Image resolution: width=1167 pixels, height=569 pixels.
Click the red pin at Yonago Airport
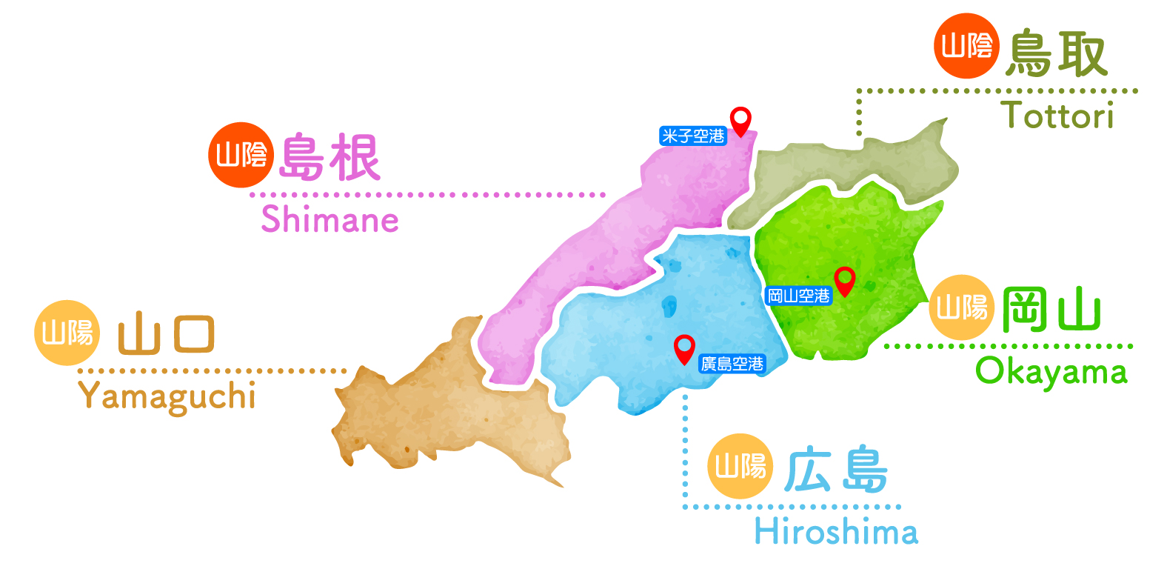click(x=740, y=120)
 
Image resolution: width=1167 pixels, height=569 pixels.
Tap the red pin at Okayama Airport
click(x=844, y=280)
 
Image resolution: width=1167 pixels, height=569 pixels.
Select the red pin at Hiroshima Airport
click(x=684, y=347)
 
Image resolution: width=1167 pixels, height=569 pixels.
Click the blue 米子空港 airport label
click(x=693, y=136)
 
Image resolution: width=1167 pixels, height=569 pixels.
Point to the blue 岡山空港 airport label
click(x=798, y=296)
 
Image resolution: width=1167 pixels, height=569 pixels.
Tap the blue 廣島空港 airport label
click(x=732, y=364)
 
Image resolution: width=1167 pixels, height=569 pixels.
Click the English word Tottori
click(x=1057, y=116)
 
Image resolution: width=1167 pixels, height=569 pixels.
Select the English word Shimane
click(x=330, y=220)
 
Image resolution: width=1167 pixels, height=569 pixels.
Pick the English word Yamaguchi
click(x=167, y=396)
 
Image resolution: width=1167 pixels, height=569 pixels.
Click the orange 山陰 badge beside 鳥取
click(x=966, y=46)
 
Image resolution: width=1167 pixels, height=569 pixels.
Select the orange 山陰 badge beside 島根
click(x=241, y=155)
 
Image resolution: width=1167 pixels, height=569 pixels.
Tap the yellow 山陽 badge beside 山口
click(x=67, y=333)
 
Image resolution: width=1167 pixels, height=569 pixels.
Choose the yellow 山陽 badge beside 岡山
click(x=961, y=307)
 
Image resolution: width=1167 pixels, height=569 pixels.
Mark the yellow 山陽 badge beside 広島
click(x=740, y=466)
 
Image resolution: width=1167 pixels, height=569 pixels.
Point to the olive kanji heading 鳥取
click(x=1057, y=53)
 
